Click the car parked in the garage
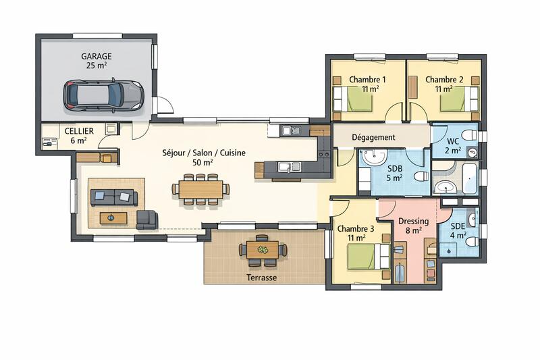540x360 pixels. pyautogui.click(x=104, y=95)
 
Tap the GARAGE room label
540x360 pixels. pyautogui.click(x=97, y=57)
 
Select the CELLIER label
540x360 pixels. pyautogui.click(x=79, y=130)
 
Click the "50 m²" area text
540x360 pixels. pyautogui.click(x=202, y=163)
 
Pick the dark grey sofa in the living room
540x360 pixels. pyautogui.click(x=114, y=197)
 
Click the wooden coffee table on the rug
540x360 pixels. pyautogui.click(x=113, y=217)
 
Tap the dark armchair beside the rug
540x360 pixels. pyautogui.click(x=146, y=218)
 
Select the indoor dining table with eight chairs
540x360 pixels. pyautogui.click(x=200, y=189)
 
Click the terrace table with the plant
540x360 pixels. pyautogui.click(x=263, y=249)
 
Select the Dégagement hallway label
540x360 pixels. pyautogui.click(x=373, y=137)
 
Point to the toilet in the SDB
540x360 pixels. pyautogui.click(x=419, y=177)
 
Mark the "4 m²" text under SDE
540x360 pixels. pyautogui.click(x=458, y=236)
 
